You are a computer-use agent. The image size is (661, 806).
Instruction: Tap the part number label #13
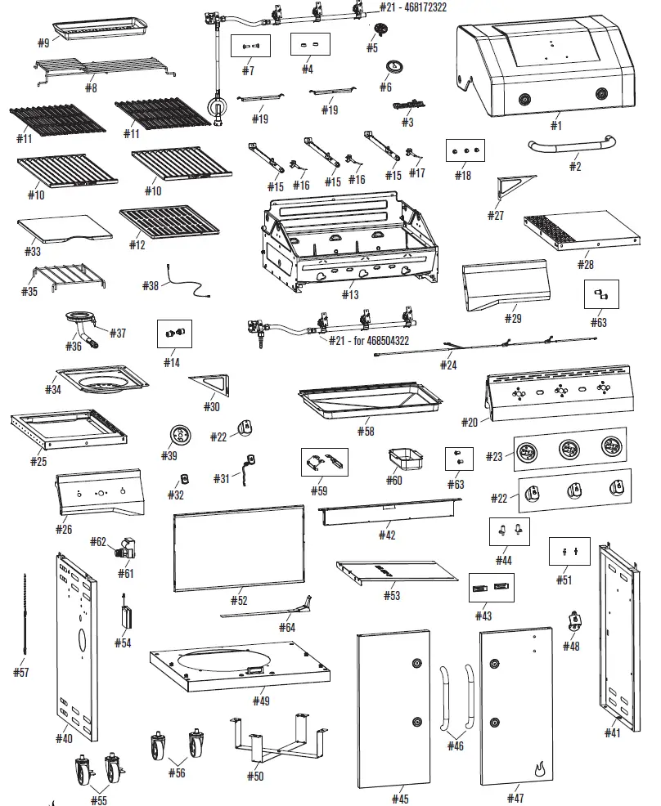pos(350,294)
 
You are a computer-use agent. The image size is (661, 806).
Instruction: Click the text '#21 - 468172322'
pos(414,7)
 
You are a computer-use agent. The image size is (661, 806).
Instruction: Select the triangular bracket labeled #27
pos(513,187)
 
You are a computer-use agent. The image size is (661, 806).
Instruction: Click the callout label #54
pos(122,643)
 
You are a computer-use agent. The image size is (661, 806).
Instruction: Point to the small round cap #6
pos(398,69)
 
